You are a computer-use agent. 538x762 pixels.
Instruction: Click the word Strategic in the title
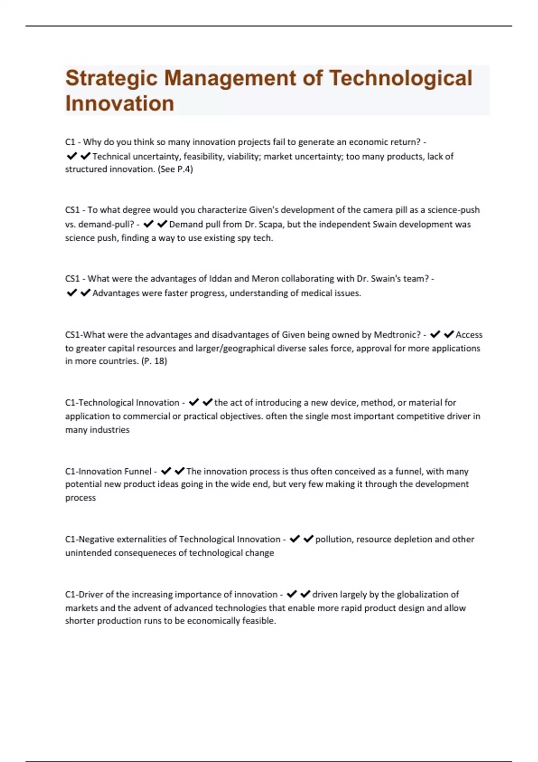[111, 78]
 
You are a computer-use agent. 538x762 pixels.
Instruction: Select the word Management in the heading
[230, 78]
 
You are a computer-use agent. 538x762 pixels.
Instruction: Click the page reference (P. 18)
[154, 361]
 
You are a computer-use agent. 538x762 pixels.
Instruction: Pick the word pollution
[334, 539]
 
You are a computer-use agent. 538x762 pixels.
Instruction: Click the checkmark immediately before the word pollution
[308, 539]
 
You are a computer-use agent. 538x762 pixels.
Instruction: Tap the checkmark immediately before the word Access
[449, 334]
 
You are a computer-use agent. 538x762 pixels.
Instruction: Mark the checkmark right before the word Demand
[162, 224]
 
